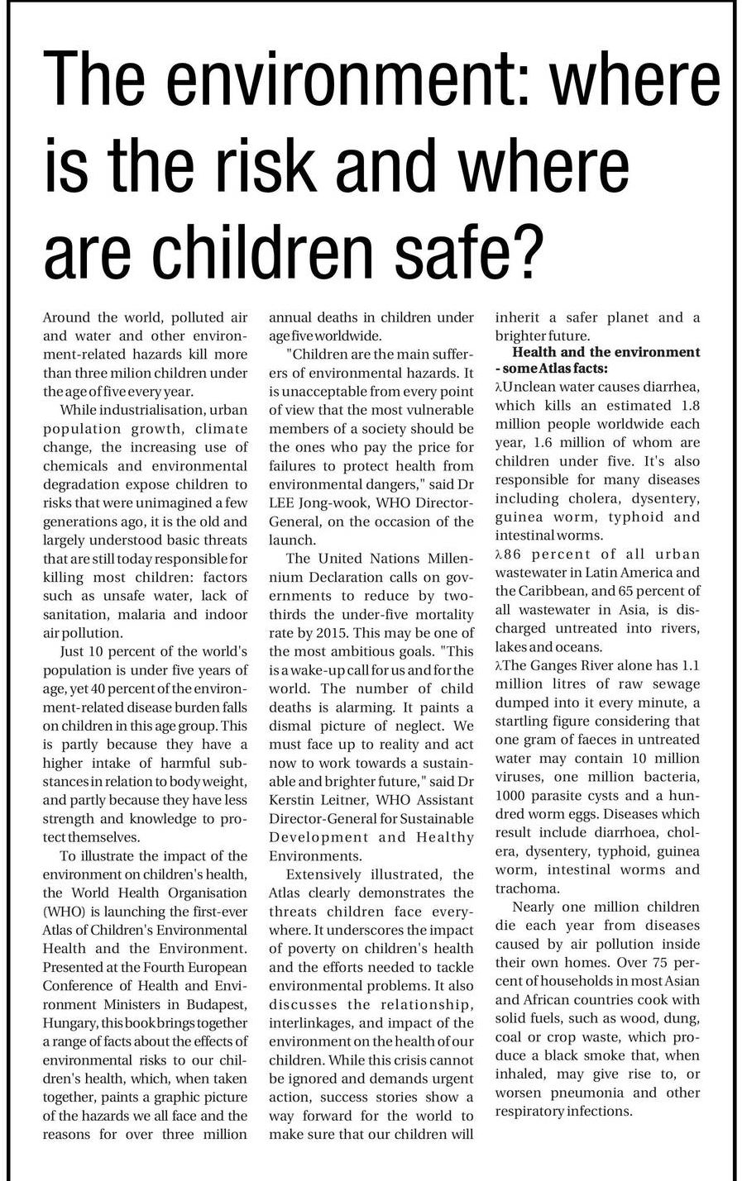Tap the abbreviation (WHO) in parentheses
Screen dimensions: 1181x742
(62, 912)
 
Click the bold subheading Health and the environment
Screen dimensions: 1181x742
(606, 352)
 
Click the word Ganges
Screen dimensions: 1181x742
(563, 666)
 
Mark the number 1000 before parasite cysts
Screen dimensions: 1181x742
(514, 795)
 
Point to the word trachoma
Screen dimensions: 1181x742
(528, 888)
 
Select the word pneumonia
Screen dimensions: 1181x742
(588, 1093)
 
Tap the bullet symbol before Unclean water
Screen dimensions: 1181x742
(499, 387)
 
